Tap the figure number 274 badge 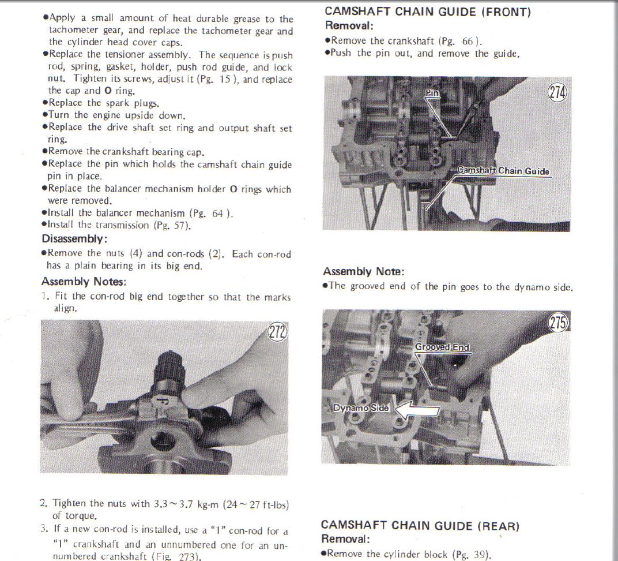click(558, 93)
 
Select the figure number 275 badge click(559, 323)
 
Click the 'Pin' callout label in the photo click(432, 93)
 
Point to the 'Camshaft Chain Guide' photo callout click(503, 171)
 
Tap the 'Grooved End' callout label click(442, 347)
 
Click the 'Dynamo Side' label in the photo click(361, 407)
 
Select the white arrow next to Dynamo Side click(416, 410)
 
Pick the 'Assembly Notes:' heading click(84, 282)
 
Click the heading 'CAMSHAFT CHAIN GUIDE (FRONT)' click(428, 12)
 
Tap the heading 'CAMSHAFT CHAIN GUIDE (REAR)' click(420, 526)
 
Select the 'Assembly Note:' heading click(363, 271)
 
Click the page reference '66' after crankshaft click(468, 41)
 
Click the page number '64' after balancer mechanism click(217, 214)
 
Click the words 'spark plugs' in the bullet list click(131, 103)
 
